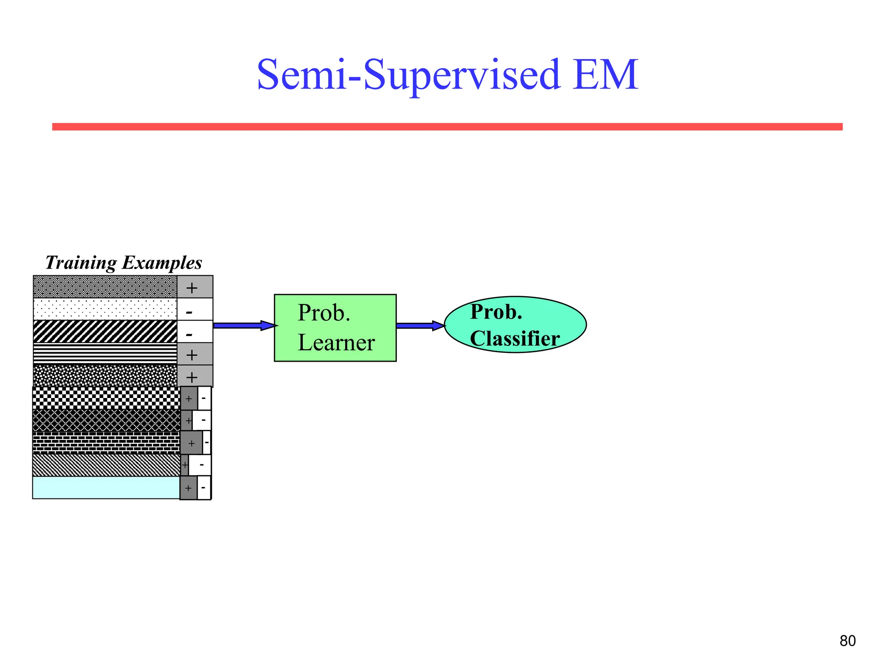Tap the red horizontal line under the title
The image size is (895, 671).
coord(447,127)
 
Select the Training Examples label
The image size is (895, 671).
coord(124,263)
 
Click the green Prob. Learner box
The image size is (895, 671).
coord(335,328)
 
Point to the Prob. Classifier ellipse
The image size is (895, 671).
coord(515,325)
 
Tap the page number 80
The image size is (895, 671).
coord(847,641)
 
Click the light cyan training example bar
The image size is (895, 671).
coord(106,488)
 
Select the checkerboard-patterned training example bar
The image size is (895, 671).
coord(106,398)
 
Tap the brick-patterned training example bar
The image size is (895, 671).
coord(106,443)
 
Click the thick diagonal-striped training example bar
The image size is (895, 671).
coord(105,332)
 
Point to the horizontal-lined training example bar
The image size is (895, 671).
coord(105,354)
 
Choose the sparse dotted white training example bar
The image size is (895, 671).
coord(105,309)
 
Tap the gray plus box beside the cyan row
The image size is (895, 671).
coord(188,488)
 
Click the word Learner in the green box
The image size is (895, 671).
coord(336,343)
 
